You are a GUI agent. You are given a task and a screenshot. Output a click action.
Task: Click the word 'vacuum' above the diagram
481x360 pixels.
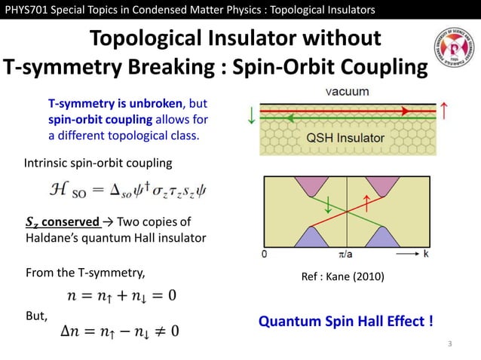pos(347,92)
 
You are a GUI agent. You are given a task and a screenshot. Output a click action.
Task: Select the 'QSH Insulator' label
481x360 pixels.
pos(345,139)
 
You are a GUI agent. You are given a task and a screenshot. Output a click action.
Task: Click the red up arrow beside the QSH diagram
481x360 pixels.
pos(446,111)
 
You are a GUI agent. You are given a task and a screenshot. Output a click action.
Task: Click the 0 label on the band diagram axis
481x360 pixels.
pos(264,255)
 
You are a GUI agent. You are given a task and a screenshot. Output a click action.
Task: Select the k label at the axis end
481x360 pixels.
pos(427,255)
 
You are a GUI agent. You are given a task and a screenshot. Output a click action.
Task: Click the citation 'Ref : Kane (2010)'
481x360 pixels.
pos(342,276)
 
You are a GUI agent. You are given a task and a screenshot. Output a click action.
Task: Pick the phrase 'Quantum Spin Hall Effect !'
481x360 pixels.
pos(346,322)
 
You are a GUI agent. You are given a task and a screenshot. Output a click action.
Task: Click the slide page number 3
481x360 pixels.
pos(449,344)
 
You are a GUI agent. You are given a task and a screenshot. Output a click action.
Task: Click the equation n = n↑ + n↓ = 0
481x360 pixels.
pos(121,294)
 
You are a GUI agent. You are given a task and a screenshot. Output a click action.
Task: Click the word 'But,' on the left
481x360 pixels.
pos(37,316)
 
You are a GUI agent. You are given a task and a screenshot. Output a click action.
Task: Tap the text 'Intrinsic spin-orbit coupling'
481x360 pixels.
pos(98,163)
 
